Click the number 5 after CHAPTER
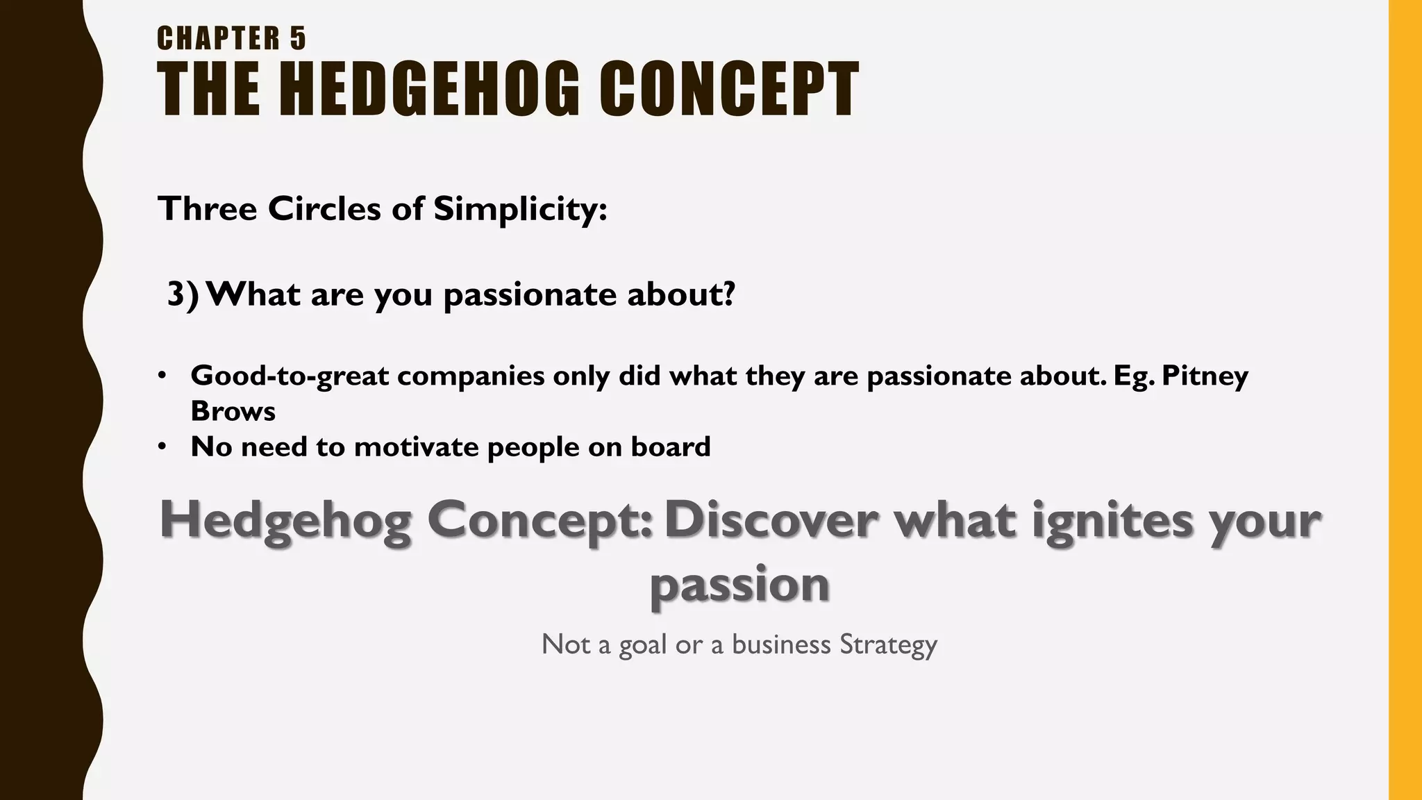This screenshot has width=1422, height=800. coord(298,38)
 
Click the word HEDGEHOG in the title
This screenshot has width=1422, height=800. coord(430,89)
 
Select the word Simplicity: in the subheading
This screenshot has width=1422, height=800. coord(520,209)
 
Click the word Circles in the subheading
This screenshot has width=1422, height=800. coord(324,209)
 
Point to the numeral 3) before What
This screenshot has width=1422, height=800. coord(183,294)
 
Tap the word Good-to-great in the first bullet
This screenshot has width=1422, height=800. coord(290,376)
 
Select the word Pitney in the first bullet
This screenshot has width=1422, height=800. coord(1205,376)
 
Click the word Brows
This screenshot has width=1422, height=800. coord(233,411)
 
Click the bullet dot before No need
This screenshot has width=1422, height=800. coord(162,447)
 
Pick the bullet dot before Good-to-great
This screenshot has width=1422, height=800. coord(162,376)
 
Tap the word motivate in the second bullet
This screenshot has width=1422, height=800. coord(417,447)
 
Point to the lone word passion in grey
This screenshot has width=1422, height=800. coord(739,585)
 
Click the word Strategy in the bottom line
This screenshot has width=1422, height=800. coord(888,644)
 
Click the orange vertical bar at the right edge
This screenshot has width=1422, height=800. coord(1405,400)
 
